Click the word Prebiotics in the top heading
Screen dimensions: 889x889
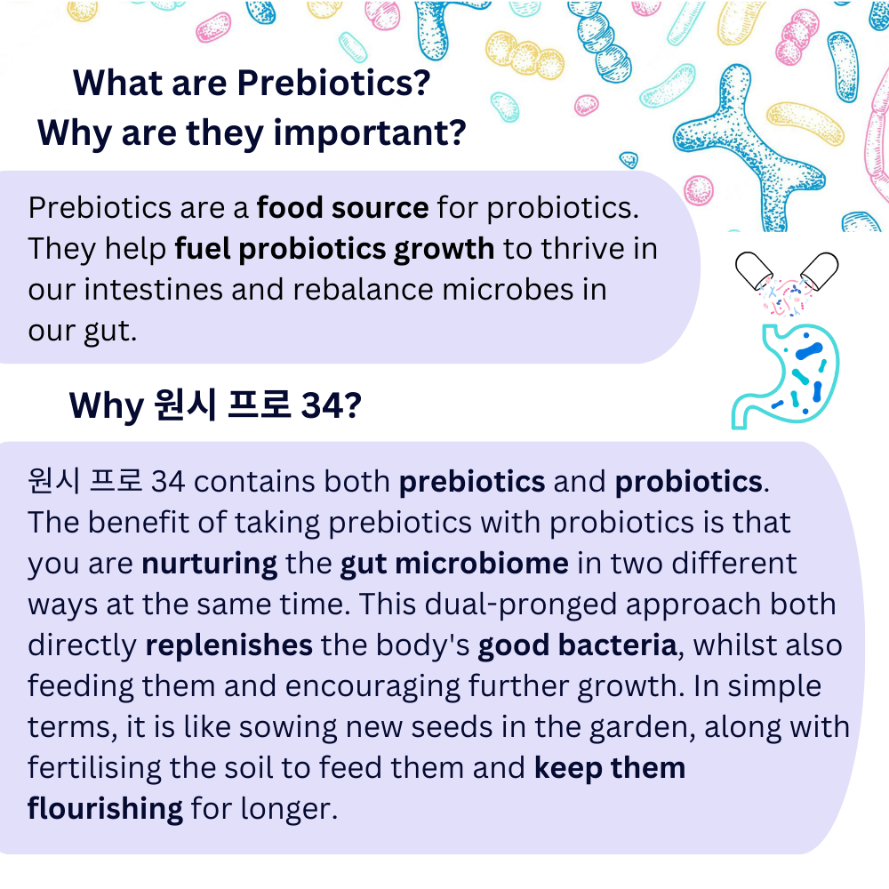(333, 84)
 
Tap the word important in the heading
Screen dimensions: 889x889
(369, 134)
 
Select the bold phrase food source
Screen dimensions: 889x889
(342, 207)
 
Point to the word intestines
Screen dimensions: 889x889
(153, 290)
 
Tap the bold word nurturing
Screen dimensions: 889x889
(209, 565)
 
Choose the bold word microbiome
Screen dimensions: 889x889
(481, 564)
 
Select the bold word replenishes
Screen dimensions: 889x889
(228, 645)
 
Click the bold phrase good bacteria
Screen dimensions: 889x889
(577, 645)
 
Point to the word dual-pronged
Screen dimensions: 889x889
(520, 605)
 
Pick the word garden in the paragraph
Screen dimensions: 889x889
(638, 728)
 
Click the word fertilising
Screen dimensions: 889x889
(94, 769)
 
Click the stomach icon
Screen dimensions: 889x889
(786, 376)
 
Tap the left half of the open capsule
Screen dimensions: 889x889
(754, 270)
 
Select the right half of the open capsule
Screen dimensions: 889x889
(819, 270)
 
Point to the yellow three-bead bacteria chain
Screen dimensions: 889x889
(525, 55)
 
